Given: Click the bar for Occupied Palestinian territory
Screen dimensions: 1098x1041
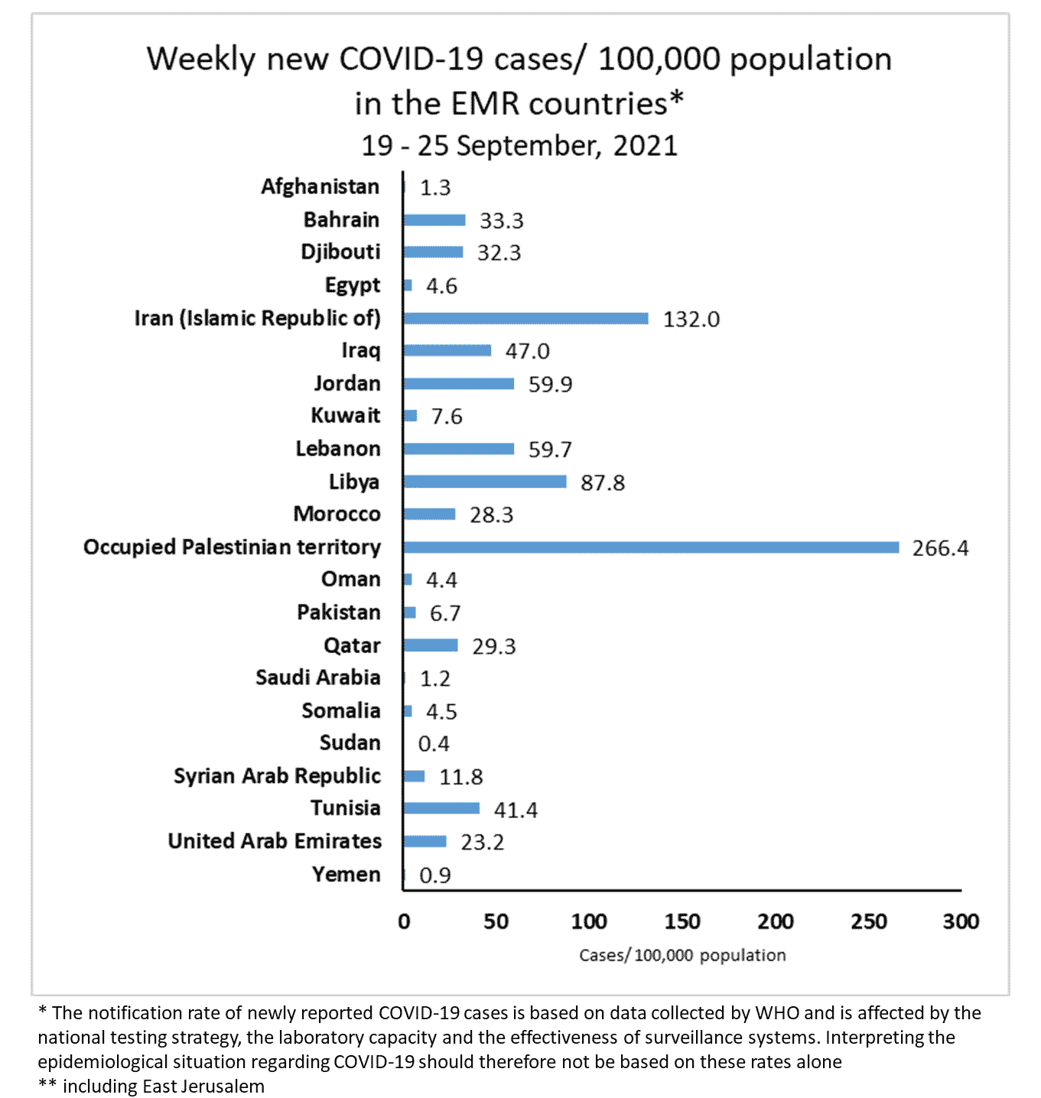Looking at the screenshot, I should point(650,547).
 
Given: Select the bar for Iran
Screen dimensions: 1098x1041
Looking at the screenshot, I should point(525,318).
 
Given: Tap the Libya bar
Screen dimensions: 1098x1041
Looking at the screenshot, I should point(484,482).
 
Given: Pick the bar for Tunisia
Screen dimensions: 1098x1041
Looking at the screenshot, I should point(441,808).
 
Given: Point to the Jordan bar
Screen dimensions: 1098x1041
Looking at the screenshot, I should point(458,384).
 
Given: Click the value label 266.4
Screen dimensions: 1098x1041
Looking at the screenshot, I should point(940,548).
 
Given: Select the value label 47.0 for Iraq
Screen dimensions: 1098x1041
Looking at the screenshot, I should point(527,351).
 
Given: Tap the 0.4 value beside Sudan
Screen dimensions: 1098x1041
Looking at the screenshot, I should point(434,744).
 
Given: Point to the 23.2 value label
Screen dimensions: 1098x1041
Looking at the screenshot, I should point(482,842).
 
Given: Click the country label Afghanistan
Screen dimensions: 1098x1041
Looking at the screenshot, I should point(320,187).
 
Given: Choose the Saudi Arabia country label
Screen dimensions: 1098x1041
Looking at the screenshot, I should point(317,677).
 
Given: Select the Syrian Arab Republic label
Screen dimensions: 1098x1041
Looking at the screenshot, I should point(277,776).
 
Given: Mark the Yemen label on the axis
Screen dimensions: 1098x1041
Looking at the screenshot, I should point(346,874).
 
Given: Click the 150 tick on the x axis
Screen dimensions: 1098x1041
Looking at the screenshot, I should point(682,921).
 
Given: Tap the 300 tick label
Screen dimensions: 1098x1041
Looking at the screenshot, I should point(961,921).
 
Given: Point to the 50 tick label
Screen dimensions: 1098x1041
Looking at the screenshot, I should point(496,921).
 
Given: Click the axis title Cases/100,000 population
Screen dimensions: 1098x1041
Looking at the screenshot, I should point(682,955).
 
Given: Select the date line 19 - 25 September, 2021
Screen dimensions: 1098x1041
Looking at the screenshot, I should point(519,145).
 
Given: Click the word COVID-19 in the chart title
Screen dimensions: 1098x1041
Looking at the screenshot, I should point(413,59).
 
